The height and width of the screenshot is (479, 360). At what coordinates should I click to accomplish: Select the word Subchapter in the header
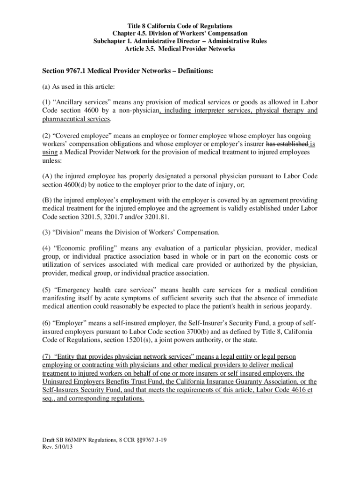(x=111, y=41)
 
